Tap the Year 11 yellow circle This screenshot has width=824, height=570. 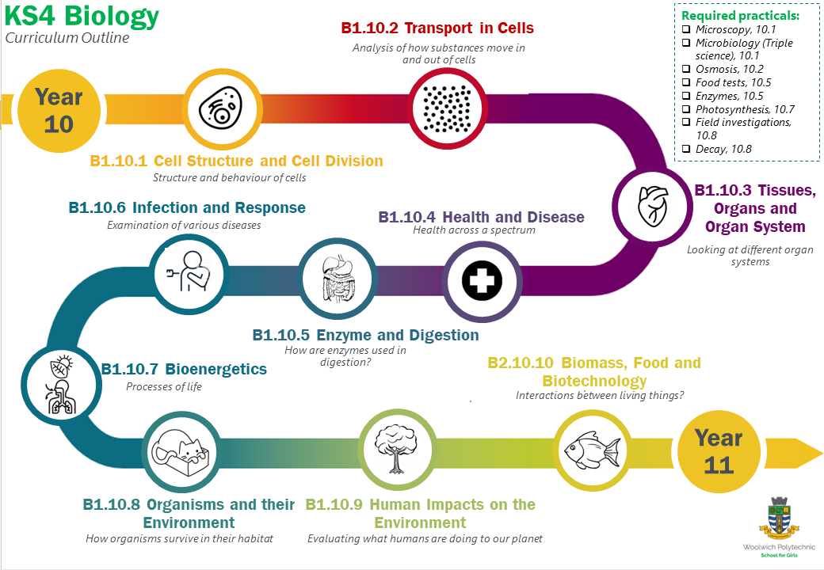[717, 451]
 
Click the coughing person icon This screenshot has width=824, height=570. [188, 274]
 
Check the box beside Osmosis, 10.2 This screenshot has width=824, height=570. [687, 70]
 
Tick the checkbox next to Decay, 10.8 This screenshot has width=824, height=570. [687, 149]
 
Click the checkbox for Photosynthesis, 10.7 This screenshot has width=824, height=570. [687, 109]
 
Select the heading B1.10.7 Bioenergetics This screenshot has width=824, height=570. [184, 369]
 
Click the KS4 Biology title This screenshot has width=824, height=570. [82, 17]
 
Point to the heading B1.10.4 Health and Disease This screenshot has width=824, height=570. [481, 217]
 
